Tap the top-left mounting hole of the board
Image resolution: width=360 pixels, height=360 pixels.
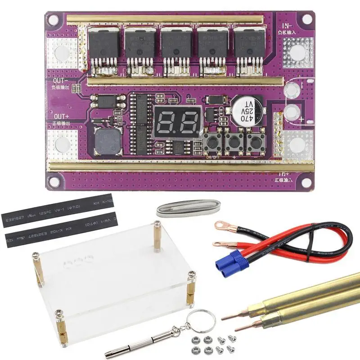tap(54, 20)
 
